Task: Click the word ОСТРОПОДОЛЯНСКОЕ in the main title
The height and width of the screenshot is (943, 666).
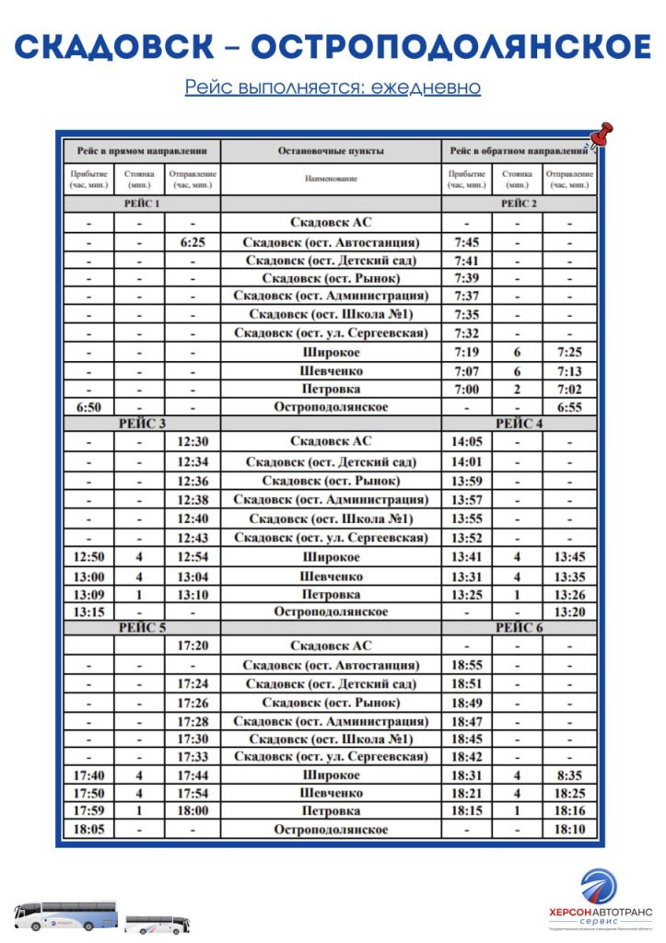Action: tap(451, 47)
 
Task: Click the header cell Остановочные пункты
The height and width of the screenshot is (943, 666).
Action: tap(331, 150)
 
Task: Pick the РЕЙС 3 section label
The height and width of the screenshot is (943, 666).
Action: tap(142, 424)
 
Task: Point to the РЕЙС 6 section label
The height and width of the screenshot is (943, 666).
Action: tap(520, 627)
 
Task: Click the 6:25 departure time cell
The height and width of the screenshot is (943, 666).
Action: tap(193, 242)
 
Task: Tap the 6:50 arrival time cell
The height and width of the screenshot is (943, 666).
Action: tap(88, 406)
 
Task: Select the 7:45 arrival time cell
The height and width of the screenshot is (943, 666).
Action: tap(466, 242)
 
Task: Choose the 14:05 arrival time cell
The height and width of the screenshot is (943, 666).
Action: tap(466, 441)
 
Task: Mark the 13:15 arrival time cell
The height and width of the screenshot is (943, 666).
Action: tap(88, 611)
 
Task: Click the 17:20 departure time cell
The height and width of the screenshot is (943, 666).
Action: tap(193, 646)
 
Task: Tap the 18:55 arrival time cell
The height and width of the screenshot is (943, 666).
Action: tap(466, 664)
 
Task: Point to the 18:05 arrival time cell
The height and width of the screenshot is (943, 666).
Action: tap(88, 829)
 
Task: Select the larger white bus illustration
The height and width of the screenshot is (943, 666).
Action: tap(65, 914)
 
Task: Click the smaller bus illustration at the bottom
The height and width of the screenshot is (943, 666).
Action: tap(156, 923)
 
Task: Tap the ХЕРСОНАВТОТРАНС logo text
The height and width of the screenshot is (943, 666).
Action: tap(599, 910)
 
